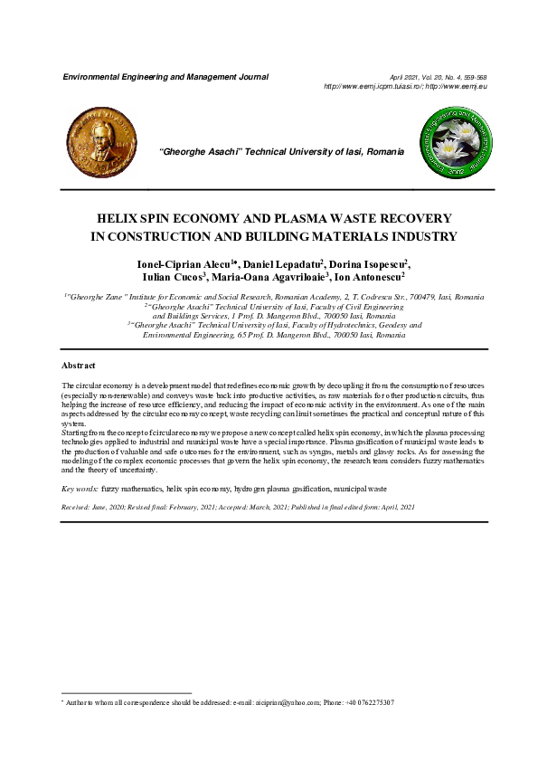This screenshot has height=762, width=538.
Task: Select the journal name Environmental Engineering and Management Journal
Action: coord(165,77)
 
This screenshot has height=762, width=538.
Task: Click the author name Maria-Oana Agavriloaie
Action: coord(269,277)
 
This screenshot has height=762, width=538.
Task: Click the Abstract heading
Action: coord(78,365)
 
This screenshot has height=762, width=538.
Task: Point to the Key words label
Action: coord(80,488)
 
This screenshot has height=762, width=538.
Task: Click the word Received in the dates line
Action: coord(78,507)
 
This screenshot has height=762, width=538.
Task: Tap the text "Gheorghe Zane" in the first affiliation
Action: coord(98,297)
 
